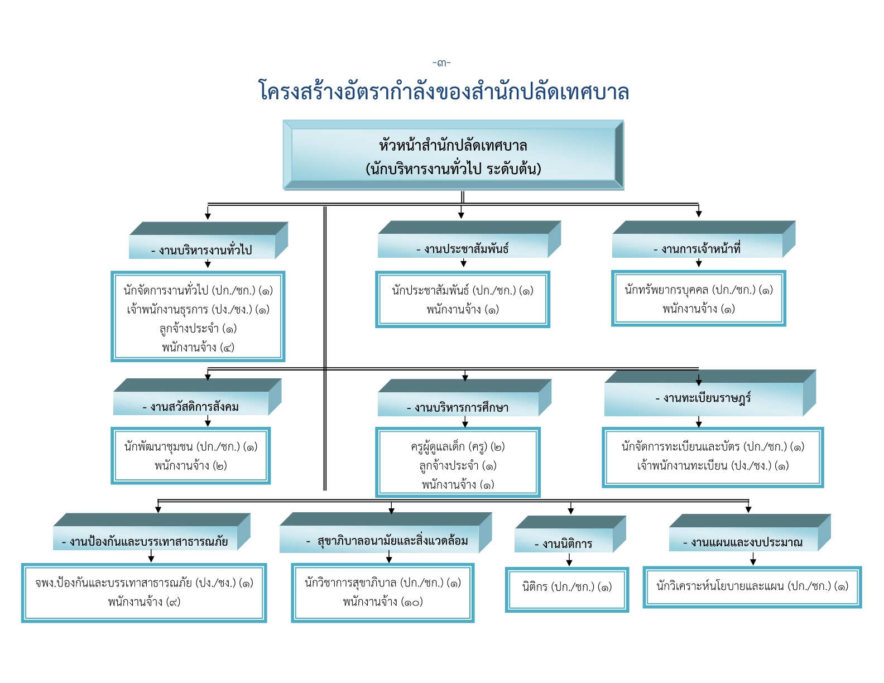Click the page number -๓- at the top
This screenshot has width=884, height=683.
click(x=441, y=63)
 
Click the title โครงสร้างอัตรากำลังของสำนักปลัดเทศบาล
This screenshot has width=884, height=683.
click(x=444, y=91)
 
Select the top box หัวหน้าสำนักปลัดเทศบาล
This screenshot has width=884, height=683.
click(x=453, y=155)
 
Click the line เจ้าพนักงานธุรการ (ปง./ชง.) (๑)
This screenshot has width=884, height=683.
click(x=198, y=310)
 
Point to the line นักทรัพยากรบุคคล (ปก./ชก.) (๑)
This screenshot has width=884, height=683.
click(x=699, y=290)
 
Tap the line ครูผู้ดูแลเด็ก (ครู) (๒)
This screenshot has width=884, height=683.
click(x=458, y=446)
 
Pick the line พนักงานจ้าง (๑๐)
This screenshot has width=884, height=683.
click(x=383, y=602)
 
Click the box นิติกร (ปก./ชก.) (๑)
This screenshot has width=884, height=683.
click(x=566, y=589)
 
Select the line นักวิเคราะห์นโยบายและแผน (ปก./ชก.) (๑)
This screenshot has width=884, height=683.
click(x=752, y=586)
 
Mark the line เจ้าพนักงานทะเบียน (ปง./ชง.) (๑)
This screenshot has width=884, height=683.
click(x=713, y=465)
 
